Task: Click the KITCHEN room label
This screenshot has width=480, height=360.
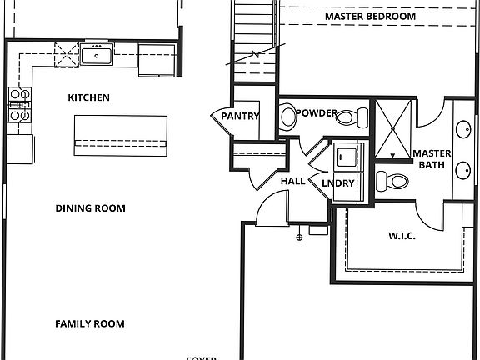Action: pos(88,97)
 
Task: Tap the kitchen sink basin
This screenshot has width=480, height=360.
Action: pos(98,57)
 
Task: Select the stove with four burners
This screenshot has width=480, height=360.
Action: pos(19,106)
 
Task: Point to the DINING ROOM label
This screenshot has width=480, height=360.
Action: pos(90,208)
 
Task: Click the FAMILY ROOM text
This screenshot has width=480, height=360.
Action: pos(90,323)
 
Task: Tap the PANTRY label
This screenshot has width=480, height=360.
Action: pos(240,117)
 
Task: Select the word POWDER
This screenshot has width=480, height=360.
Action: pos(317,113)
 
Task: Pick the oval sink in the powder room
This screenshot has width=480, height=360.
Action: pos(288,117)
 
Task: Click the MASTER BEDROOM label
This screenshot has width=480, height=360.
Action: pos(370,17)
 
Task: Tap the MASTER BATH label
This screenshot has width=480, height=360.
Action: pos(432,159)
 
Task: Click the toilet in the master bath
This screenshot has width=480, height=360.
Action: pos(391,181)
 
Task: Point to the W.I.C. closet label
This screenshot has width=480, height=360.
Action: pos(402,236)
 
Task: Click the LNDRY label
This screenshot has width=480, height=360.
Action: pos(338,183)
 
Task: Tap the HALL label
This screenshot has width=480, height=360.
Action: pos(292,180)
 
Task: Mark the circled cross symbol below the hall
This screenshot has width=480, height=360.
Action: pos(299,237)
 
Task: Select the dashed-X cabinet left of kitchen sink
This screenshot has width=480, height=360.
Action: pos(66,55)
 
